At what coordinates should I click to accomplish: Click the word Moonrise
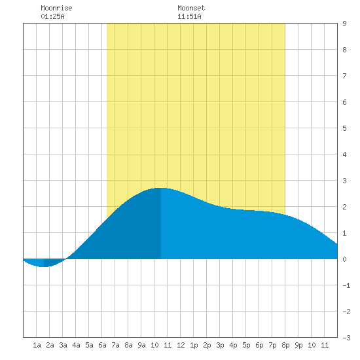coord(56,8)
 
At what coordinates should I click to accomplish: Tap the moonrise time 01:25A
coord(52,16)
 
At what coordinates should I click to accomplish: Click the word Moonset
coord(191,8)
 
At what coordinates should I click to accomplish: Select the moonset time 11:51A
coord(189,16)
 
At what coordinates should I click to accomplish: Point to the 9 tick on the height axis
coord(344,24)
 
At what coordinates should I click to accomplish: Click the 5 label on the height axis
coord(344,128)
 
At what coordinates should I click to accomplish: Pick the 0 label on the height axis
coord(344,259)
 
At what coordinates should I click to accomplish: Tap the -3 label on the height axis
coord(346,338)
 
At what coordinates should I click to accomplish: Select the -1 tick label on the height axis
coord(346,285)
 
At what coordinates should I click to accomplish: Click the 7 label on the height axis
coord(344,76)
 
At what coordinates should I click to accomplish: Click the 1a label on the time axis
coord(37,345)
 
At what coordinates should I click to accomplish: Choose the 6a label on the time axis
coord(102,345)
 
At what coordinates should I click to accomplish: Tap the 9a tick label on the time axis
coord(141,345)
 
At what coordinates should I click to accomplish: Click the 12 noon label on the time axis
coord(181,345)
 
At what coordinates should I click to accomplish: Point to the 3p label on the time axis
coord(220,345)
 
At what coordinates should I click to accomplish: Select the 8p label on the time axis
coord(285,345)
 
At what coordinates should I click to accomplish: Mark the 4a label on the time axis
coord(76,345)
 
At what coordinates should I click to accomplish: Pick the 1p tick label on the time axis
coord(194,345)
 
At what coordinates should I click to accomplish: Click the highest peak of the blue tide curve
coord(161,188)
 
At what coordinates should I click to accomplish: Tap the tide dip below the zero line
coord(44,266)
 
